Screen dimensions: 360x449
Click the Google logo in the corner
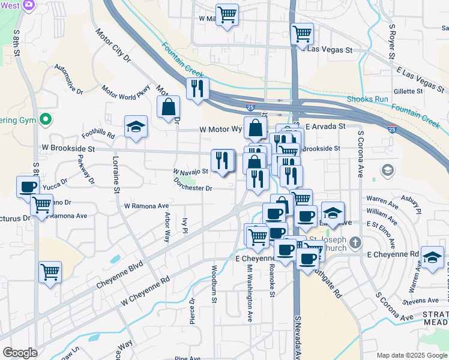[20, 353]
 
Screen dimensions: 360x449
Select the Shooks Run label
[367, 99]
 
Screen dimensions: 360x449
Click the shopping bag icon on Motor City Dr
[169, 107]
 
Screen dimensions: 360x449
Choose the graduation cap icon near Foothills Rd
[136, 127]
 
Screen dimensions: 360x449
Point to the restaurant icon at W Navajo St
[222, 160]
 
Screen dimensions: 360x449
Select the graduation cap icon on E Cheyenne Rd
[432, 257]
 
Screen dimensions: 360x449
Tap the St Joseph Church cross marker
[355, 242]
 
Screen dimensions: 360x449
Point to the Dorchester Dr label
[193, 184]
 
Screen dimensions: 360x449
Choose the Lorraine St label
[116, 175]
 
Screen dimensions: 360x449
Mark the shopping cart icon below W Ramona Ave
[50, 272]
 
